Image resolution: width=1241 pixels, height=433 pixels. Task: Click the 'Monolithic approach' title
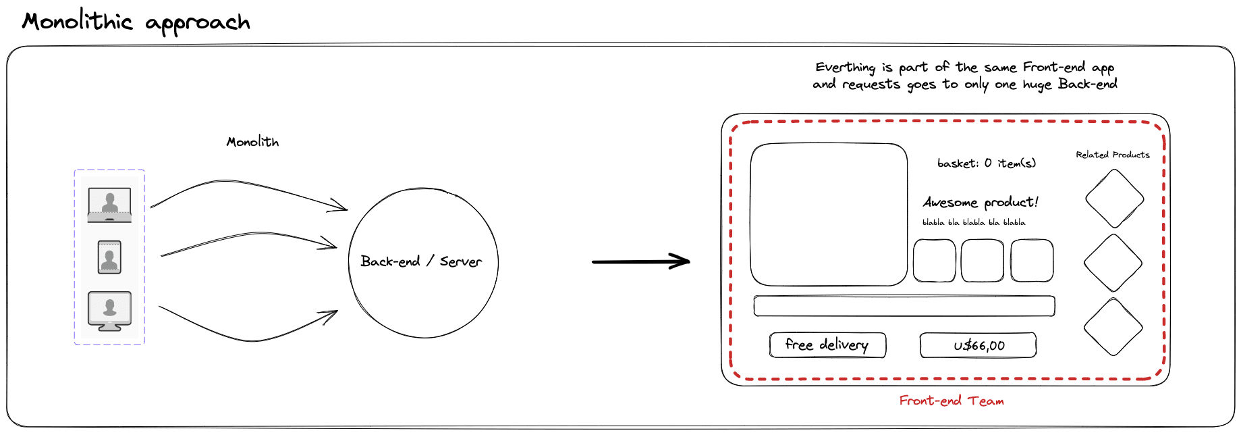click(136, 22)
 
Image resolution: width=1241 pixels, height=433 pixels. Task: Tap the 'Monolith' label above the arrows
click(252, 142)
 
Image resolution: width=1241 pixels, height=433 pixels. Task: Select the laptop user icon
click(109, 204)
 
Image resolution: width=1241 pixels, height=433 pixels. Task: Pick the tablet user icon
click(109, 257)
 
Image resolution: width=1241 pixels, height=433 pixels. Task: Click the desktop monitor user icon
click(109, 311)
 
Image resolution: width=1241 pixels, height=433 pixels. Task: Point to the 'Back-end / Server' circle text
click(421, 261)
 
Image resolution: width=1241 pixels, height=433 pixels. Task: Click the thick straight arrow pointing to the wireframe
click(640, 261)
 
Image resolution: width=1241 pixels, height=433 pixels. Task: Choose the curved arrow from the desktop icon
click(250, 338)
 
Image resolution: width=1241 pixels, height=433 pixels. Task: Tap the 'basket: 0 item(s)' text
click(986, 163)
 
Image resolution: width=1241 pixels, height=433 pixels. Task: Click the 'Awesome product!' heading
click(981, 202)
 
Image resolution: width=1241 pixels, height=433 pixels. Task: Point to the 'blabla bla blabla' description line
click(973, 222)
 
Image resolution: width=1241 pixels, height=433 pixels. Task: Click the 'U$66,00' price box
click(978, 345)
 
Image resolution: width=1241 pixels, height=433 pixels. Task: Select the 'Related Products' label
click(1112, 155)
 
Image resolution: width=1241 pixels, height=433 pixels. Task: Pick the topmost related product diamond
click(1114, 199)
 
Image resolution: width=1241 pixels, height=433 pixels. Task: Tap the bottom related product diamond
click(1113, 327)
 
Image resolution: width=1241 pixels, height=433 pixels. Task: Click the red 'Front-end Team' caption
click(951, 401)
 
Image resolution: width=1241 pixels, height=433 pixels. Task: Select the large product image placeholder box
click(829, 214)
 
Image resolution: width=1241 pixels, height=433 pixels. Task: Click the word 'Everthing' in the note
click(845, 68)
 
